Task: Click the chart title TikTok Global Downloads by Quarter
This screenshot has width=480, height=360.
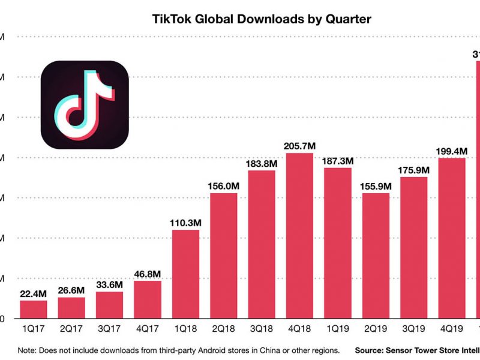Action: [x=262, y=19]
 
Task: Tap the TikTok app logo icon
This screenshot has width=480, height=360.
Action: [x=85, y=105]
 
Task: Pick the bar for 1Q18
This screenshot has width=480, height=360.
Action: [x=185, y=274]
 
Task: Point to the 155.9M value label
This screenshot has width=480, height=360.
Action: [x=376, y=185]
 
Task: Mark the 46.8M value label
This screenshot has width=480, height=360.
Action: [x=148, y=274]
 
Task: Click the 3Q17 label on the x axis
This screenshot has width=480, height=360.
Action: [x=109, y=329]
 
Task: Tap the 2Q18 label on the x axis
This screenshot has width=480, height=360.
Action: [x=224, y=329]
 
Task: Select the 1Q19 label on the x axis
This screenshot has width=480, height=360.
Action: [x=338, y=329]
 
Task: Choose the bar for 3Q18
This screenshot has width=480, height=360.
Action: [x=262, y=244]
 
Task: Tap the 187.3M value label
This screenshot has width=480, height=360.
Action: [x=338, y=161]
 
